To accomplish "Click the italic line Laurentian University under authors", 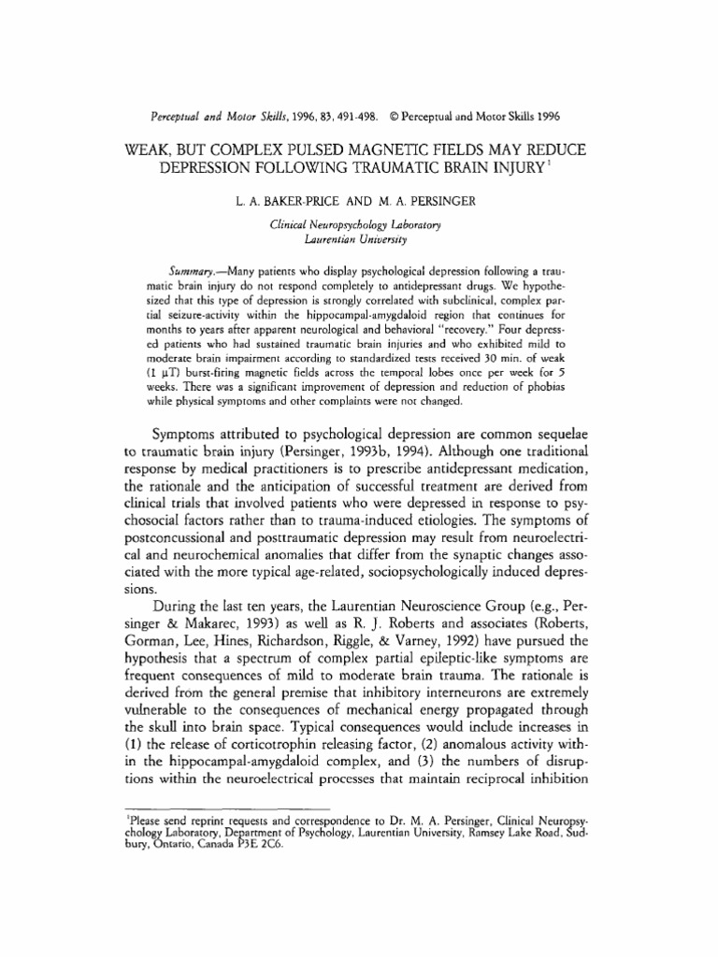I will pyautogui.click(x=359, y=240).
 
